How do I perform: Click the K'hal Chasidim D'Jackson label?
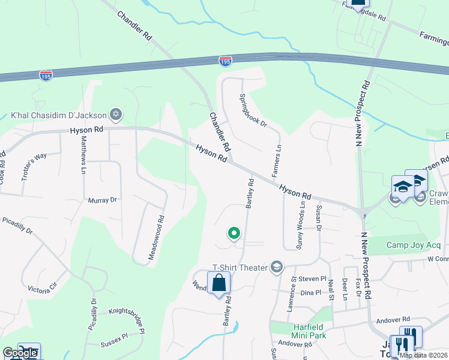58,115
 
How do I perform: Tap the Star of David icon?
116,114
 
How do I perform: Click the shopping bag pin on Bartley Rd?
219,284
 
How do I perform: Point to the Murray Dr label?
102,200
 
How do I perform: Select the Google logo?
19,353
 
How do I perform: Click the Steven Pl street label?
312,279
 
